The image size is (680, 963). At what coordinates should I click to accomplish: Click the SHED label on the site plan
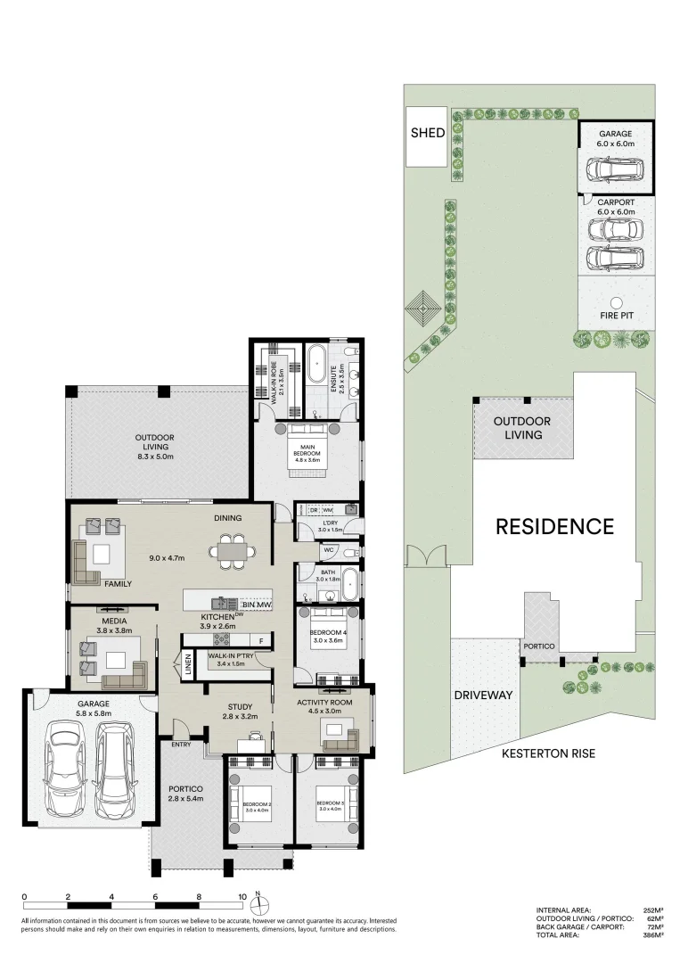point(427,134)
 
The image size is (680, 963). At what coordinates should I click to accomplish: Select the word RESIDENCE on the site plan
point(554,526)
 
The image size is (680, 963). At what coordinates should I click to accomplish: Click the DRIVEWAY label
point(483,695)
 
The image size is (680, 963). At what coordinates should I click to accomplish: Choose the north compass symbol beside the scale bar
point(258,905)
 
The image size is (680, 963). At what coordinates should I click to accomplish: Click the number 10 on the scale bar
point(242,897)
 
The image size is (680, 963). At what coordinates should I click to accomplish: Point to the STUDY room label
point(240,708)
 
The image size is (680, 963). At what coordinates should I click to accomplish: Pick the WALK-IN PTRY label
point(230,658)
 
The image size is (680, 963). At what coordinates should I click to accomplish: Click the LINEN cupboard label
point(188,666)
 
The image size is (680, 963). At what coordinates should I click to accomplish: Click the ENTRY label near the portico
point(181,745)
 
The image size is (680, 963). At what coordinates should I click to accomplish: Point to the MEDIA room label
point(114,621)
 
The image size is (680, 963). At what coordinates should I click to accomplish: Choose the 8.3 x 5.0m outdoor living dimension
point(154,456)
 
